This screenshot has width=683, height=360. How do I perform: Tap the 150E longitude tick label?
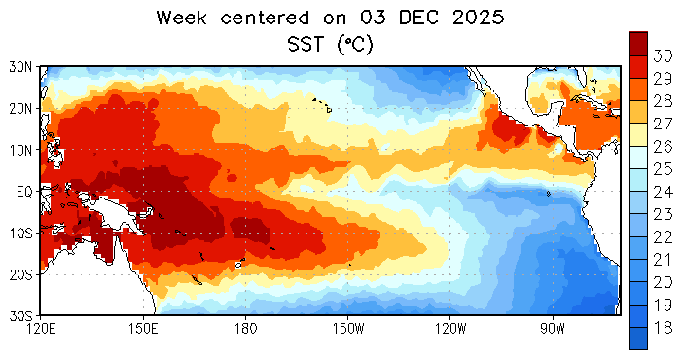click(144, 328)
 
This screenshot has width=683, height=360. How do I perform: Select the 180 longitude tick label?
click(245, 328)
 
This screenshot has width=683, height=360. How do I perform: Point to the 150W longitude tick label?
click(348, 328)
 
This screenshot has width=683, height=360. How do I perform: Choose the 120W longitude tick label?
click(450, 328)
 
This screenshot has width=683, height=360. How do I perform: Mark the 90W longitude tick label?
click(553, 328)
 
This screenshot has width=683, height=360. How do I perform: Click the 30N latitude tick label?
click(20, 67)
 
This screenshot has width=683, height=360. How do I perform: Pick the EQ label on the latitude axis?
click(24, 192)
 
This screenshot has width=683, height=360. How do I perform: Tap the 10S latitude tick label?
click(20, 233)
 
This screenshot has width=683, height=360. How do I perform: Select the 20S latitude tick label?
click(20, 274)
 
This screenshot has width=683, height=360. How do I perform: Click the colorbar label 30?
click(663, 55)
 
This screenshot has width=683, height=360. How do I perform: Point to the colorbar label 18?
click(663, 327)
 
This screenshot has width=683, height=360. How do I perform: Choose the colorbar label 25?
click(663, 168)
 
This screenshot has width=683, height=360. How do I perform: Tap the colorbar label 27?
click(663, 124)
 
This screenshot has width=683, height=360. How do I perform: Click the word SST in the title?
click(306, 44)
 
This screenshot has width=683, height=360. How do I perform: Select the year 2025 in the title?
click(479, 18)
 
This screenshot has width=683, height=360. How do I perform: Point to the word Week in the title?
click(181, 18)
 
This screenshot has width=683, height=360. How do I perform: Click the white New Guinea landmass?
click(117, 213)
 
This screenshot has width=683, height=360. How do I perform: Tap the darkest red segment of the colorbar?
click(638, 44)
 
